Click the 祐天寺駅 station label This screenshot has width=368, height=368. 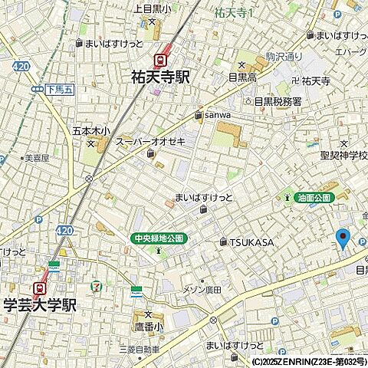coord(160,77)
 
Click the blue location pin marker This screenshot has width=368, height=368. coord(343,238)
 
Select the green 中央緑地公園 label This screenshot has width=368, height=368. coord(158,238)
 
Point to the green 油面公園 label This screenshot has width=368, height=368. coord(314,198)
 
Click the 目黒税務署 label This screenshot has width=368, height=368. coord(278,101)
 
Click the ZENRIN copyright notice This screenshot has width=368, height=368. coord(308,361)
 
